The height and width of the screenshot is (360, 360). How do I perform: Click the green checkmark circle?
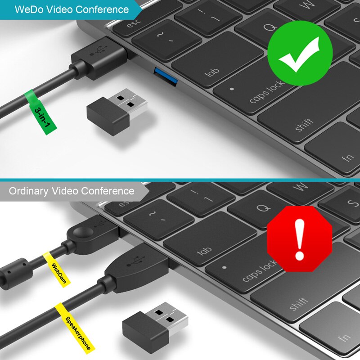click(x=300, y=53)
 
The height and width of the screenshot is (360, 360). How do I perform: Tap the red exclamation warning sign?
click(x=300, y=239)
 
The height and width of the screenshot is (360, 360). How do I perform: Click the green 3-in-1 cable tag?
click(x=40, y=112)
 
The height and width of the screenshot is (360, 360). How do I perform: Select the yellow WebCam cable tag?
click(x=57, y=270)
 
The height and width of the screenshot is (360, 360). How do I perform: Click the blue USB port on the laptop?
click(x=166, y=77)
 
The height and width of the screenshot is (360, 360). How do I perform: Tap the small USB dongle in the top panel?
click(x=117, y=112)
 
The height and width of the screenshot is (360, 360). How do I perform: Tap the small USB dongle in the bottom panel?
click(x=155, y=328)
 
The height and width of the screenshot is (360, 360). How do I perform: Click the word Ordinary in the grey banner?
click(x=28, y=191)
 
